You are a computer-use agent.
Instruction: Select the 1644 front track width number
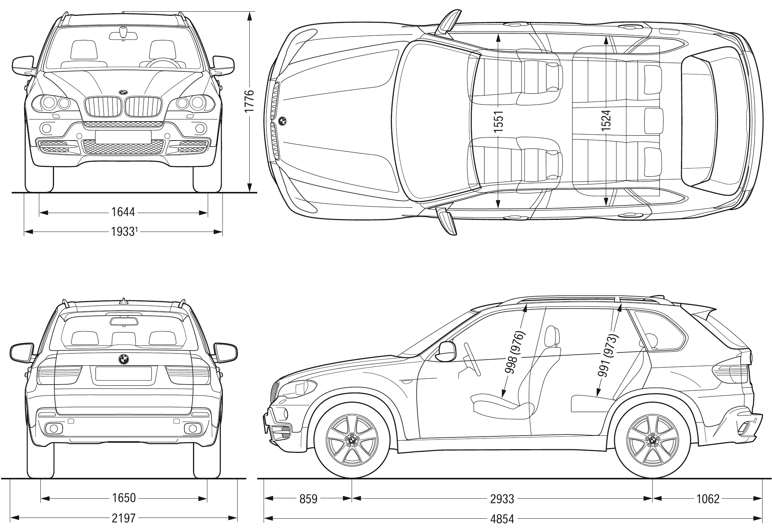123,212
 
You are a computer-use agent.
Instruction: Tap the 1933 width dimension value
124,232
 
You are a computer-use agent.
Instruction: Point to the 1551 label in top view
499,121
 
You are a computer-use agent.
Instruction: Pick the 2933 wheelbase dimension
502,499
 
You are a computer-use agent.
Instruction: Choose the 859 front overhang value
308,499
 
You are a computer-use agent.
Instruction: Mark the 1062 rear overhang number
708,499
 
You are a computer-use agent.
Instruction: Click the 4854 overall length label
502,519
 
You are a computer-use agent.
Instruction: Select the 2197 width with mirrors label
124,518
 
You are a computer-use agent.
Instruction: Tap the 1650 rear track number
124,498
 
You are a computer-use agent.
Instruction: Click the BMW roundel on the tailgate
124,359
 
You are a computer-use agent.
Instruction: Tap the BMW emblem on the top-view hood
283,121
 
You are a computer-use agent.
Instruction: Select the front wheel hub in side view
352,440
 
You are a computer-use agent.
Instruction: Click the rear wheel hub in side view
652,440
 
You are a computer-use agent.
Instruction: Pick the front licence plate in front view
123,137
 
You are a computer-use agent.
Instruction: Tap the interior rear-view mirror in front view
123,35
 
